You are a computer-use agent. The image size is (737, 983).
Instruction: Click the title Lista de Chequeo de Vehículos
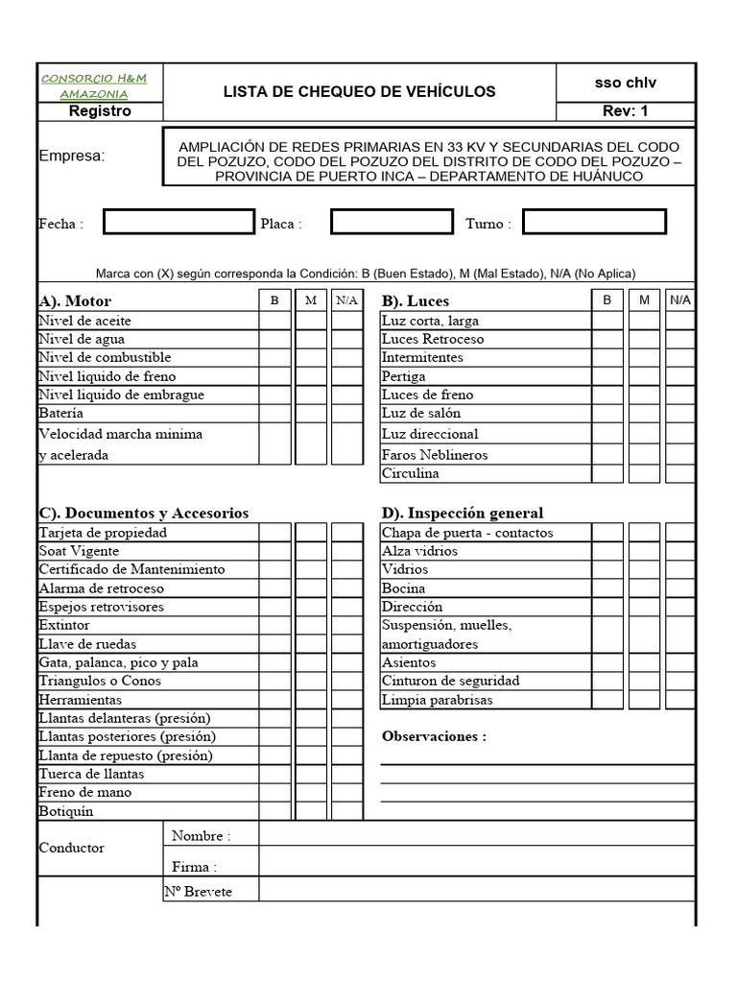(x=359, y=92)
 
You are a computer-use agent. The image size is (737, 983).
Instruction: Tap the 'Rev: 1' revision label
(x=625, y=111)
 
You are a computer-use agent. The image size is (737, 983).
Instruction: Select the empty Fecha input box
(x=178, y=223)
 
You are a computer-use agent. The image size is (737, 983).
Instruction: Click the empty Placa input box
(x=391, y=223)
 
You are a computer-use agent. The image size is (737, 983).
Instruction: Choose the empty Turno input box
(x=594, y=223)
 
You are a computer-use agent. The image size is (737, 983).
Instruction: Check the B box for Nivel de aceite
(x=274, y=321)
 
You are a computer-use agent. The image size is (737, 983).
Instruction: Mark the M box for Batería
(x=311, y=413)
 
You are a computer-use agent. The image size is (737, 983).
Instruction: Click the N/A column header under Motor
(x=346, y=300)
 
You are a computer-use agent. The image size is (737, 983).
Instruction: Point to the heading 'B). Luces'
(x=416, y=301)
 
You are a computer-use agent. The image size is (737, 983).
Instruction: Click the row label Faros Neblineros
(x=434, y=455)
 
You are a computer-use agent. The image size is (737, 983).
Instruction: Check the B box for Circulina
(x=606, y=473)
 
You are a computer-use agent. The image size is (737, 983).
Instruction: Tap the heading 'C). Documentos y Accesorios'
(x=143, y=514)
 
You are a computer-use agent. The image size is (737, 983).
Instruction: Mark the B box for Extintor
(x=274, y=626)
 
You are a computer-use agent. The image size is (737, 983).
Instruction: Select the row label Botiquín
(x=66, y=812)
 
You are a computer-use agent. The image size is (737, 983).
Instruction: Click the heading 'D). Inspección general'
(x=463, y=514)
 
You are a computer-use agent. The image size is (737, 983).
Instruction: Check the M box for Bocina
(x=644, y=588)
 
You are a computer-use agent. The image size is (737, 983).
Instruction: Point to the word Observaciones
(x=434, y=737)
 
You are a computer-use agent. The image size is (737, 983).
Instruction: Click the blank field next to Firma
(x=476, y=867)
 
